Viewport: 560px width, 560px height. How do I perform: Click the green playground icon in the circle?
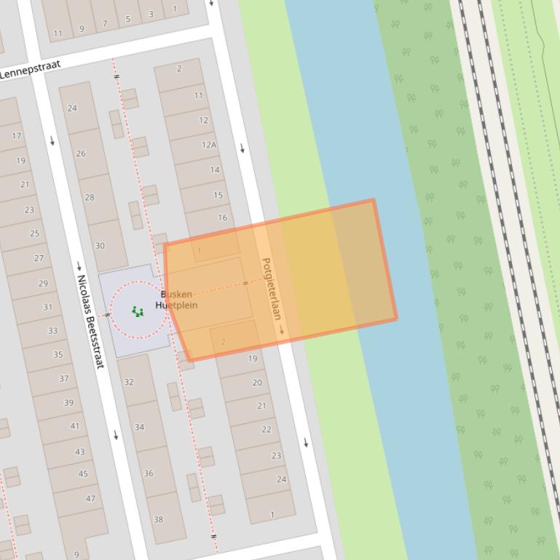pyautogui.click(x=138, y=312)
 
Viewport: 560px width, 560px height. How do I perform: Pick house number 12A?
pyautogui.click(x=209, y=145)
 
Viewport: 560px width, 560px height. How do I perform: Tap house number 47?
pyautogui.click(x=90, y=499)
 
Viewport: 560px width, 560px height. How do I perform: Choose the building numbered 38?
pyautogui.click(x=158, y=519)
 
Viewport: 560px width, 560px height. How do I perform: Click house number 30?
pyautogui.click(x=100, y=246)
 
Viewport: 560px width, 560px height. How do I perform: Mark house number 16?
pyautogui.click(x=222, y=217)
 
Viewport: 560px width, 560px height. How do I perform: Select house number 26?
pyautogui.click(x=81, y=153)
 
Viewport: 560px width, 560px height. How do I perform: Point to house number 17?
pyautogui.click(x=17, y=136)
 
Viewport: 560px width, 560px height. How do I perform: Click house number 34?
pyautogui.click(x=139, y=427)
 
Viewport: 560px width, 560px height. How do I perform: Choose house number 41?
pyautogui.click(x=75, y=426)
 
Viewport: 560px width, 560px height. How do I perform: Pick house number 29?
pyautogui.click(x=43, y=284)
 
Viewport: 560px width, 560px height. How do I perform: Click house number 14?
pyautogui.click(x=215, y=169)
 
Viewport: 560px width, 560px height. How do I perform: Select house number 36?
pyautogui.click(x=149, y=473)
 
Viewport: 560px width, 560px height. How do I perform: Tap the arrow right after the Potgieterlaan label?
pyautogui.click(x=281, y=330)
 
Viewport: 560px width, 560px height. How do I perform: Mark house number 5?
pyautogui.click(x=127, y=19)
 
